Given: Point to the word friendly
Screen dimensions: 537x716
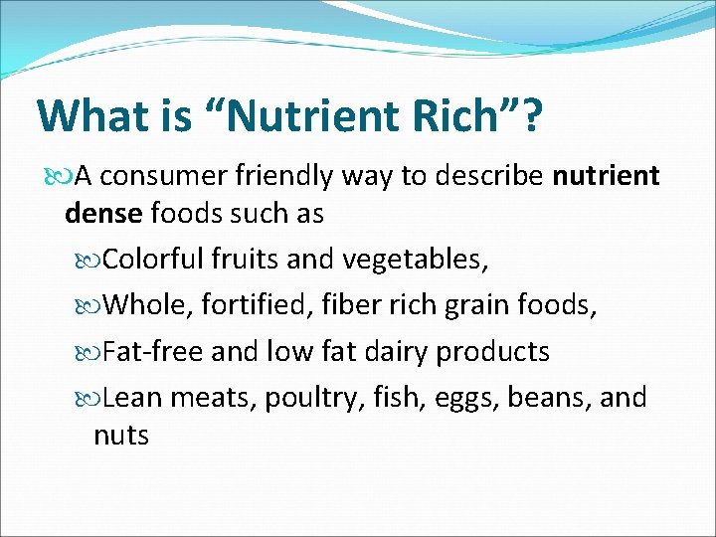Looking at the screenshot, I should (285, 177).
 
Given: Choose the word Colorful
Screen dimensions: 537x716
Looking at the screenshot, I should (154, 261).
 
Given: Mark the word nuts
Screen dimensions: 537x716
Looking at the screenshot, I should (120, 435).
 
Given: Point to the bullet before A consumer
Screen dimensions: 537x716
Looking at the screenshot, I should (62, 178).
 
